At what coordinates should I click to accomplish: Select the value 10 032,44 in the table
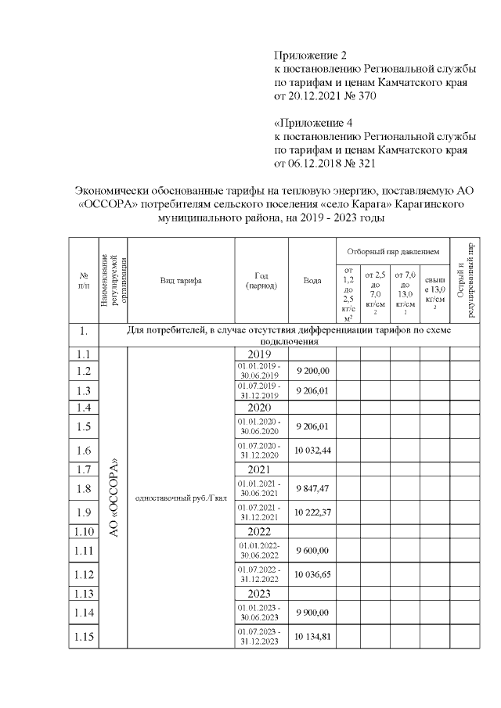point(312,450)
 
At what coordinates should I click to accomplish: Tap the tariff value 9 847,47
point(312,489)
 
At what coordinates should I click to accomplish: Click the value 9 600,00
point(312,552)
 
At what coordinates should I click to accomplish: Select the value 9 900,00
point(312,613)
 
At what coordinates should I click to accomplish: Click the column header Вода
point(312,280)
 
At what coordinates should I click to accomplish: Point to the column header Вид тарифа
point(181,280)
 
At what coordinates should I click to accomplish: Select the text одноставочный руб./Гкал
point(181,498)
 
